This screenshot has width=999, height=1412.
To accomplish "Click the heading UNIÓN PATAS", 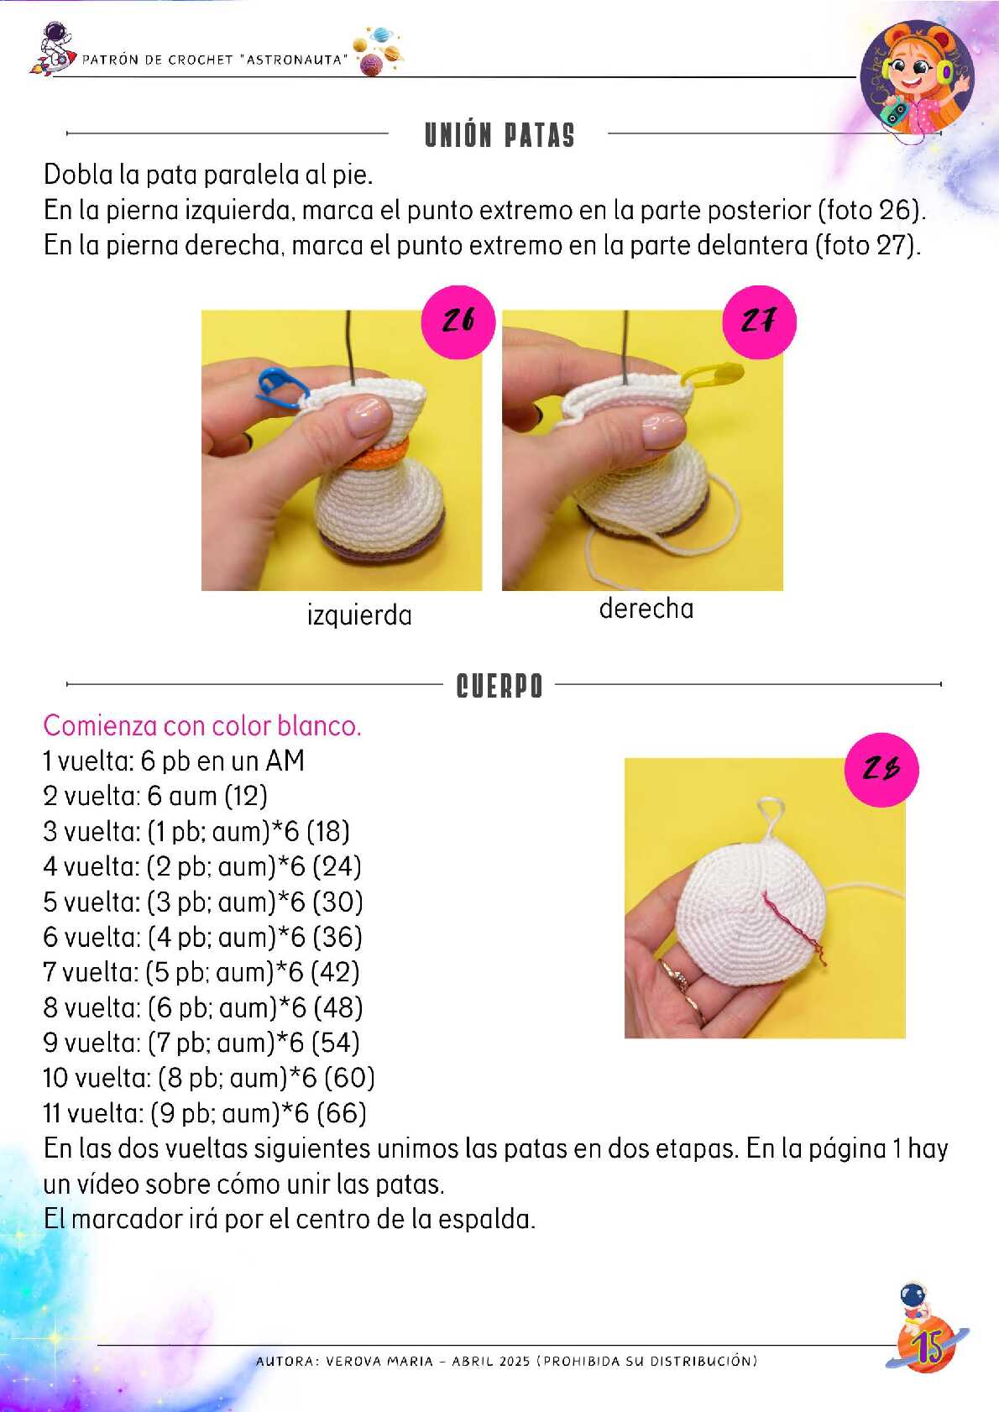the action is [x=499, y=135].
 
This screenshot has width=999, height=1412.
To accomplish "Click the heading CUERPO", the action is [x=499, y=686].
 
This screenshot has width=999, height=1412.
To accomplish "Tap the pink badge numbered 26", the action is [x=458, y=322].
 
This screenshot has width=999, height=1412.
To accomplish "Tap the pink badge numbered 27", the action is [x=759, y=322].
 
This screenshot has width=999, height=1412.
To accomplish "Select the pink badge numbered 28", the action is [x=881, y=770].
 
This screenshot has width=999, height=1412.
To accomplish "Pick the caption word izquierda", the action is [x=359, y=615].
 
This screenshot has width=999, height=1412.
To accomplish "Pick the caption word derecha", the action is [x=646, y=609].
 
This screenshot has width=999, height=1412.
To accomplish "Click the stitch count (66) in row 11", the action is [x=342, y=1114].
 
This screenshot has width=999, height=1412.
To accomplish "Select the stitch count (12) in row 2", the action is [x=245, y=796].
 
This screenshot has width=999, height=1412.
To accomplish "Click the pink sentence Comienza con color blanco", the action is [x=202, y=726].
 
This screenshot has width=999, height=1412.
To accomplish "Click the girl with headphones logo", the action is [x=917, y=78].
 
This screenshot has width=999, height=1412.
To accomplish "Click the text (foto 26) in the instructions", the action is [x=872, y=210].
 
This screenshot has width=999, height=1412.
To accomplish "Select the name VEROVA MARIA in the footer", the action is [x=379, y=1361].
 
